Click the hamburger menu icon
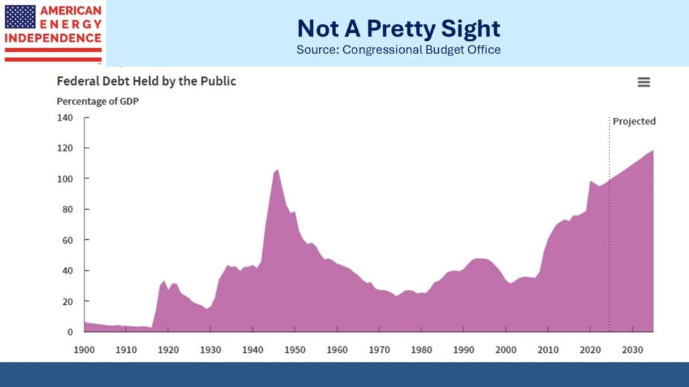[x=644, y=82]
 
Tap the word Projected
[x=634, y=122]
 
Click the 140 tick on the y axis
[x=64, y=117]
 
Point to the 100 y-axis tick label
[x=64, y=178]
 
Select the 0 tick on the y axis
[x=69, y=332]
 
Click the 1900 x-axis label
[x=84, y=350]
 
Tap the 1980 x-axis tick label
[x=421, y=350]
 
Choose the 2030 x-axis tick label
[x=631, y=350]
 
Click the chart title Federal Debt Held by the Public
[x=146, y=82]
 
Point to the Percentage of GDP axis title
[x=97, y=102]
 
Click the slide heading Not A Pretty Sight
[x=398, y=28]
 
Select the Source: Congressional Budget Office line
[x=398, y=50]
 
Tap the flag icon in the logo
[x=20, y=16]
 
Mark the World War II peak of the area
[x=278, y=170]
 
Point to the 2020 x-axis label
[x=589, y=350]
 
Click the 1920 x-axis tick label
[x=168, y=350]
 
